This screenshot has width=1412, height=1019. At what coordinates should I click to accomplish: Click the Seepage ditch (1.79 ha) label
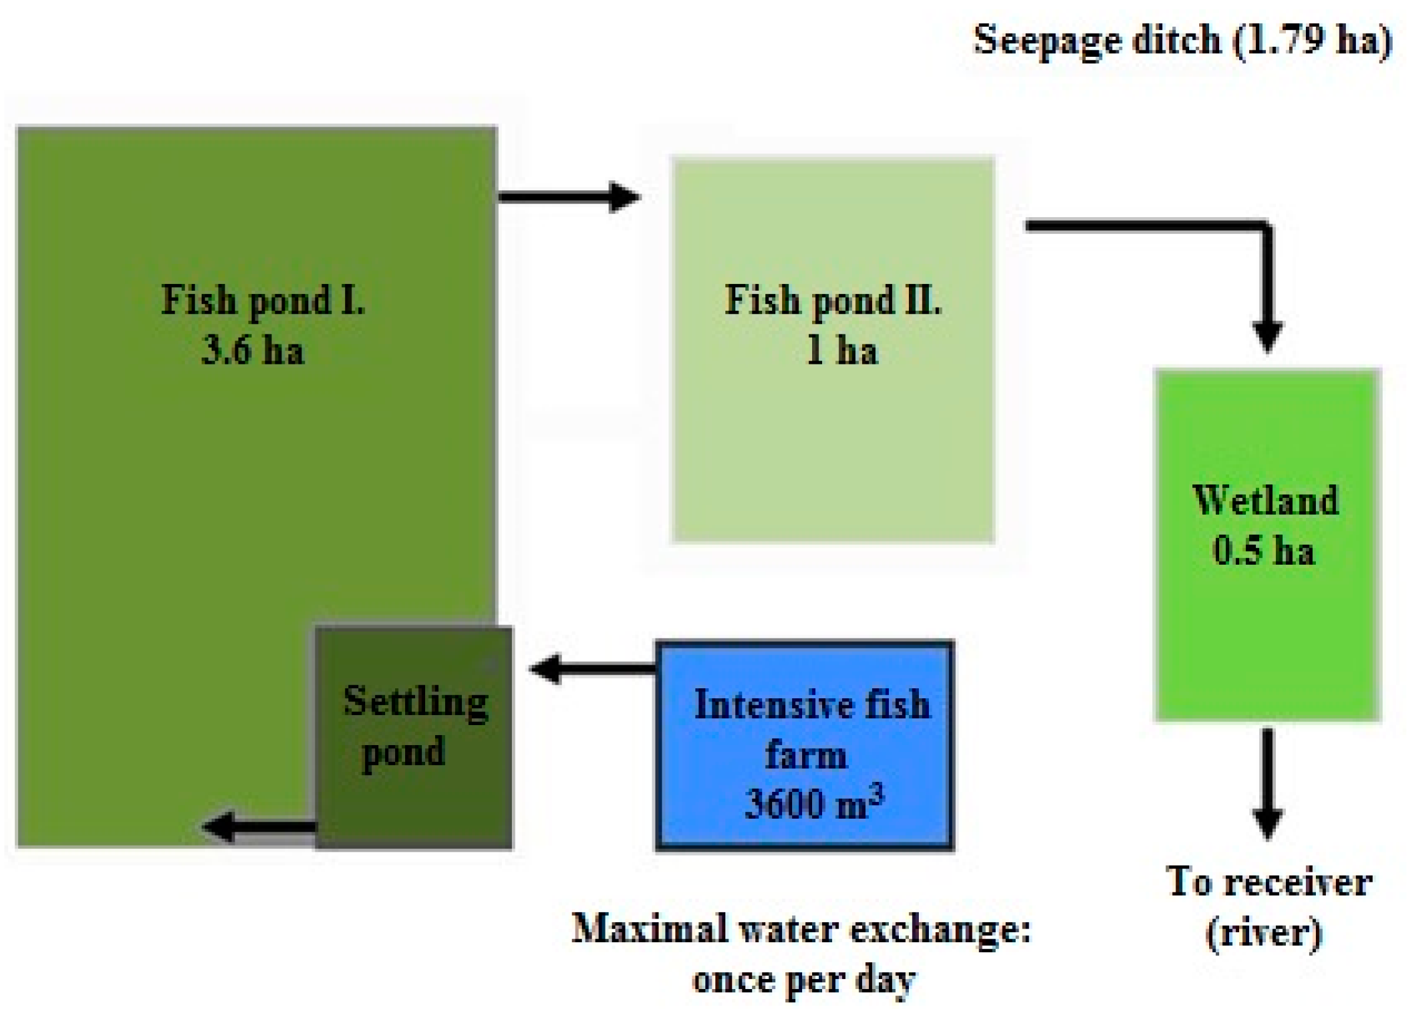click(1182, 41)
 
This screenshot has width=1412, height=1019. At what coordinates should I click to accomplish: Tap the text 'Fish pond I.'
click(263, 301)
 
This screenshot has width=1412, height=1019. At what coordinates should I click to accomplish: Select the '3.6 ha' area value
click(253, 350)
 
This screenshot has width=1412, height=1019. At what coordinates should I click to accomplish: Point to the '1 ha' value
click(842, 350)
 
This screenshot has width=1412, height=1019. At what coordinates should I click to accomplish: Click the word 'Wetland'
click(1265, 500)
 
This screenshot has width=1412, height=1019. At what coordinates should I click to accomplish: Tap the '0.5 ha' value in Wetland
click(1263, 550)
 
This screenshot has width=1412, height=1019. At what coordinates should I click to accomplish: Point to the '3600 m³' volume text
click(814, 803)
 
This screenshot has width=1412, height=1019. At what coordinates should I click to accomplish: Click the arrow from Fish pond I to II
click(568, 197)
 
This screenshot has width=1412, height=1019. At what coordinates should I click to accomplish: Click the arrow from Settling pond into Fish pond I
click(259, 827)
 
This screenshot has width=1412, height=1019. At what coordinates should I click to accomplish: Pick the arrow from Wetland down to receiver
click(1267, 783)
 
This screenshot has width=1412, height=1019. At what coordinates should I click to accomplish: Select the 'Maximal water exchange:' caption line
click(801, 930)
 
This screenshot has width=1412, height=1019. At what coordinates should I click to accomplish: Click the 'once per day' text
click(803, 980)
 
